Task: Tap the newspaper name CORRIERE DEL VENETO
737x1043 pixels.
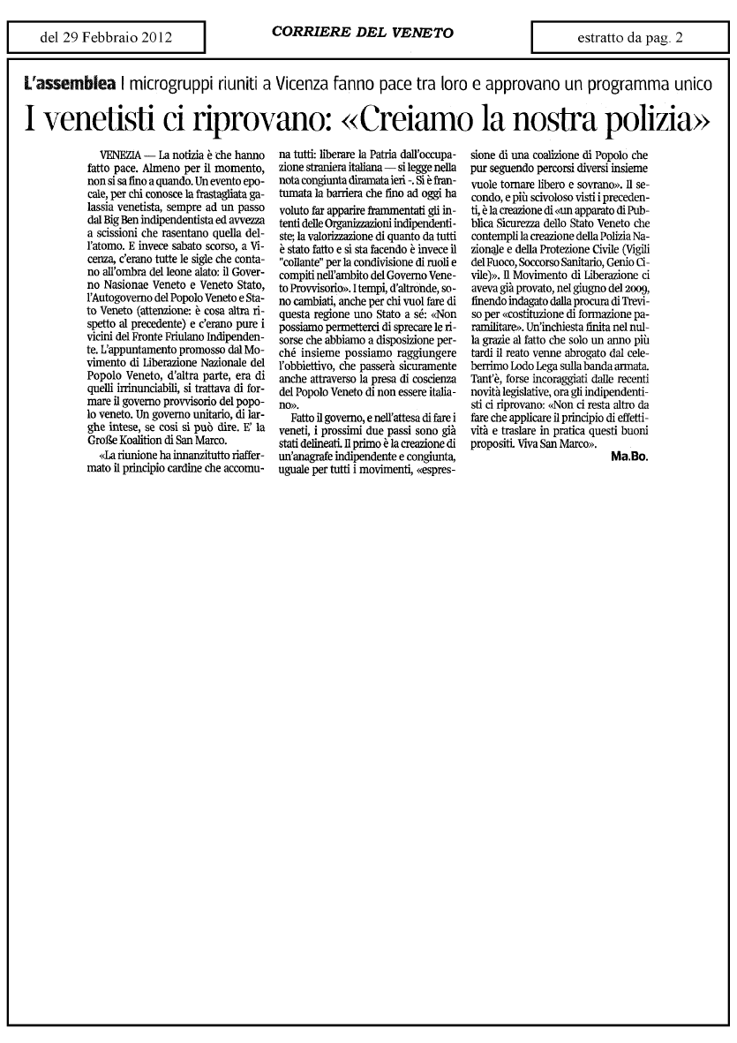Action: coord(363,33)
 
